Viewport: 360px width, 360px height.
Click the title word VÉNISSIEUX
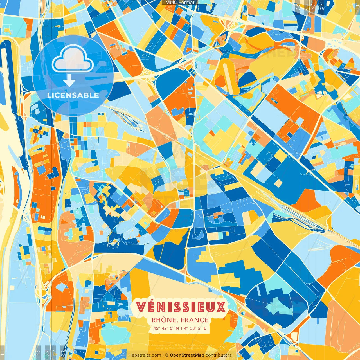pyautogui.click(x=181, y=307)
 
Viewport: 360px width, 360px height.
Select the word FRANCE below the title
pyautogui.click(x=195, y=320)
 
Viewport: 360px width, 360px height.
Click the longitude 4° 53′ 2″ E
pyautogui.click(x=195, y=328)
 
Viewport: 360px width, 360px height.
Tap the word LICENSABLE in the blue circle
pyautogui.click(x=73, y=95)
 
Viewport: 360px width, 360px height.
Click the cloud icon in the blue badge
pyautogui.click(x=73, y=60)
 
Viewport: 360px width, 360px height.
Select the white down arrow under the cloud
pyautogui.click(x=69, y=82)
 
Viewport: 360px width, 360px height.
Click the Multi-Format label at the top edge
pyautogui.click(x=180, y=3)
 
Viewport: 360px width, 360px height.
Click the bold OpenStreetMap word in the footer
pyautogui.click(x=187, y=355)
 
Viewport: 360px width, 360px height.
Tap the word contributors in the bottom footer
pyautogui.click(x=219, y=355)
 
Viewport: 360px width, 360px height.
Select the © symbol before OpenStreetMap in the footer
pyautogui.click(x=166, y=355)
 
